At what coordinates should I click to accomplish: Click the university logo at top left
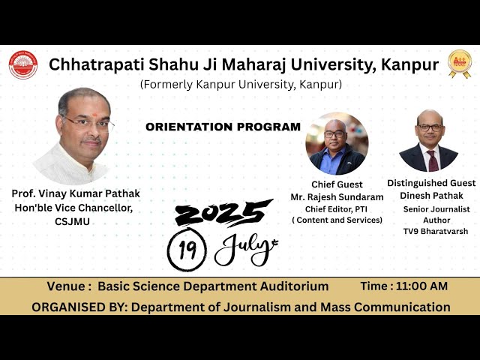[x=22, y=65]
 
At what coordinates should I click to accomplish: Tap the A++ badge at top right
[x=459, y=64]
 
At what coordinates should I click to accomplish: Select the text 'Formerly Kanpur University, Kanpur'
[x=241, y=84]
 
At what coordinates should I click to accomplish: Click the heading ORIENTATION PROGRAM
[x=223, y=127]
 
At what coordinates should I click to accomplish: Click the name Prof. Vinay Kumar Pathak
[x=75, y=193]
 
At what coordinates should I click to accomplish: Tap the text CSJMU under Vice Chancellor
[x=72, y=222]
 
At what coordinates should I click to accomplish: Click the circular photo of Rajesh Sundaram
[x=337, y=143]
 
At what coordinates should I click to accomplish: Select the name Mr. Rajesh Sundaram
[x=337, y=197]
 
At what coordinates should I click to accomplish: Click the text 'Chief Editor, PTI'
[x=337, y=208]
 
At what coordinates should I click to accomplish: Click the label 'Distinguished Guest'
[x=431, y=183]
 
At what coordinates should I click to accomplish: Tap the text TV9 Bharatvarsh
[x=436, y=231]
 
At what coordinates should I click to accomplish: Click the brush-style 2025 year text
[x=223, y=213]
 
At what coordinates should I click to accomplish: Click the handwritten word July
[x=245, y=250]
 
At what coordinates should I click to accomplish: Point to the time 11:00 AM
[x=421, y=286]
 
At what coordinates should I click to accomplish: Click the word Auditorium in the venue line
[x=289, y=286]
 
